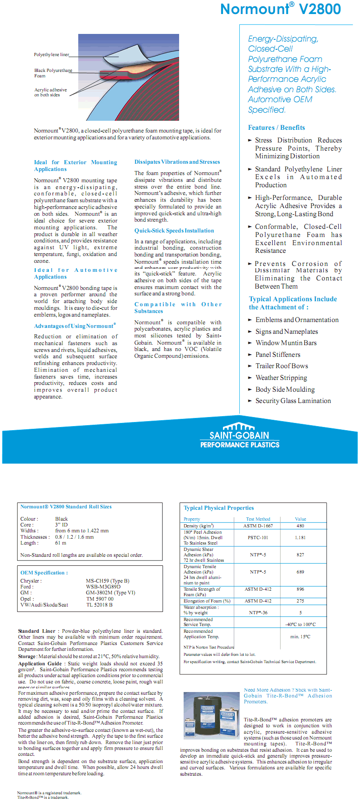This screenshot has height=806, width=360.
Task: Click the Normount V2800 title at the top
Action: pos(280,9)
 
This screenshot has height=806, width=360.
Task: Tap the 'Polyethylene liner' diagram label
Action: pos(51,55)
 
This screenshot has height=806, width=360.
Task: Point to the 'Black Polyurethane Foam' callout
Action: pos(53,73)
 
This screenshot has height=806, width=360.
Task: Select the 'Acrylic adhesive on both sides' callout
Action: pos(50,92)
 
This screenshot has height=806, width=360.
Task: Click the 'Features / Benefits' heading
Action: pos(276,128)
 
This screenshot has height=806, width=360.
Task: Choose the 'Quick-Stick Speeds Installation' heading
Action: pos(174,231)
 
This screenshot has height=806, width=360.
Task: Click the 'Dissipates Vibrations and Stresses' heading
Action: pos(177,162)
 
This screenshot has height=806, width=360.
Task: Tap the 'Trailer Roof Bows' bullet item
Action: pos(281,366)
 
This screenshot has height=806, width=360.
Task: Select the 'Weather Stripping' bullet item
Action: pos(281,378)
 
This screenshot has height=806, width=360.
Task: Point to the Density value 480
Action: pos(300,526)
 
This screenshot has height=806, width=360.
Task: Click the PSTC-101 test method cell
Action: pos(258,538)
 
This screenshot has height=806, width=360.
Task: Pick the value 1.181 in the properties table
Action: pos(300,538)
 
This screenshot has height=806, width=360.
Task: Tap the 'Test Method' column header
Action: pos(258,519)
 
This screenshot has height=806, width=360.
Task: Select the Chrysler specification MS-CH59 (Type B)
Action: pos(108,581)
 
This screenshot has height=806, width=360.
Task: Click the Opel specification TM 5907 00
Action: pos(100,599)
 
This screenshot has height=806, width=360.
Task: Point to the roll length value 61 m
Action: pos(61,543)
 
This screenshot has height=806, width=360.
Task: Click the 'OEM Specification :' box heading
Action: pos(44,573)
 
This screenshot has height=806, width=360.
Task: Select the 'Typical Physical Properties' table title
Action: pos(219,508)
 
